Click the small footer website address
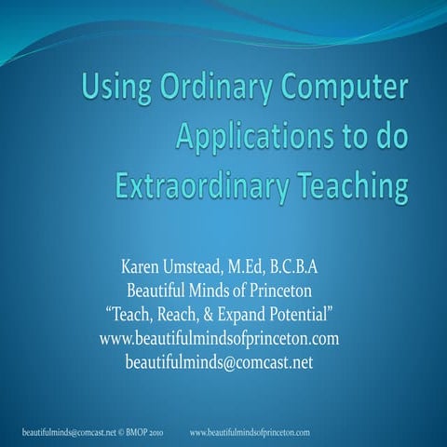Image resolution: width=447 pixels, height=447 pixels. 250,433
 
